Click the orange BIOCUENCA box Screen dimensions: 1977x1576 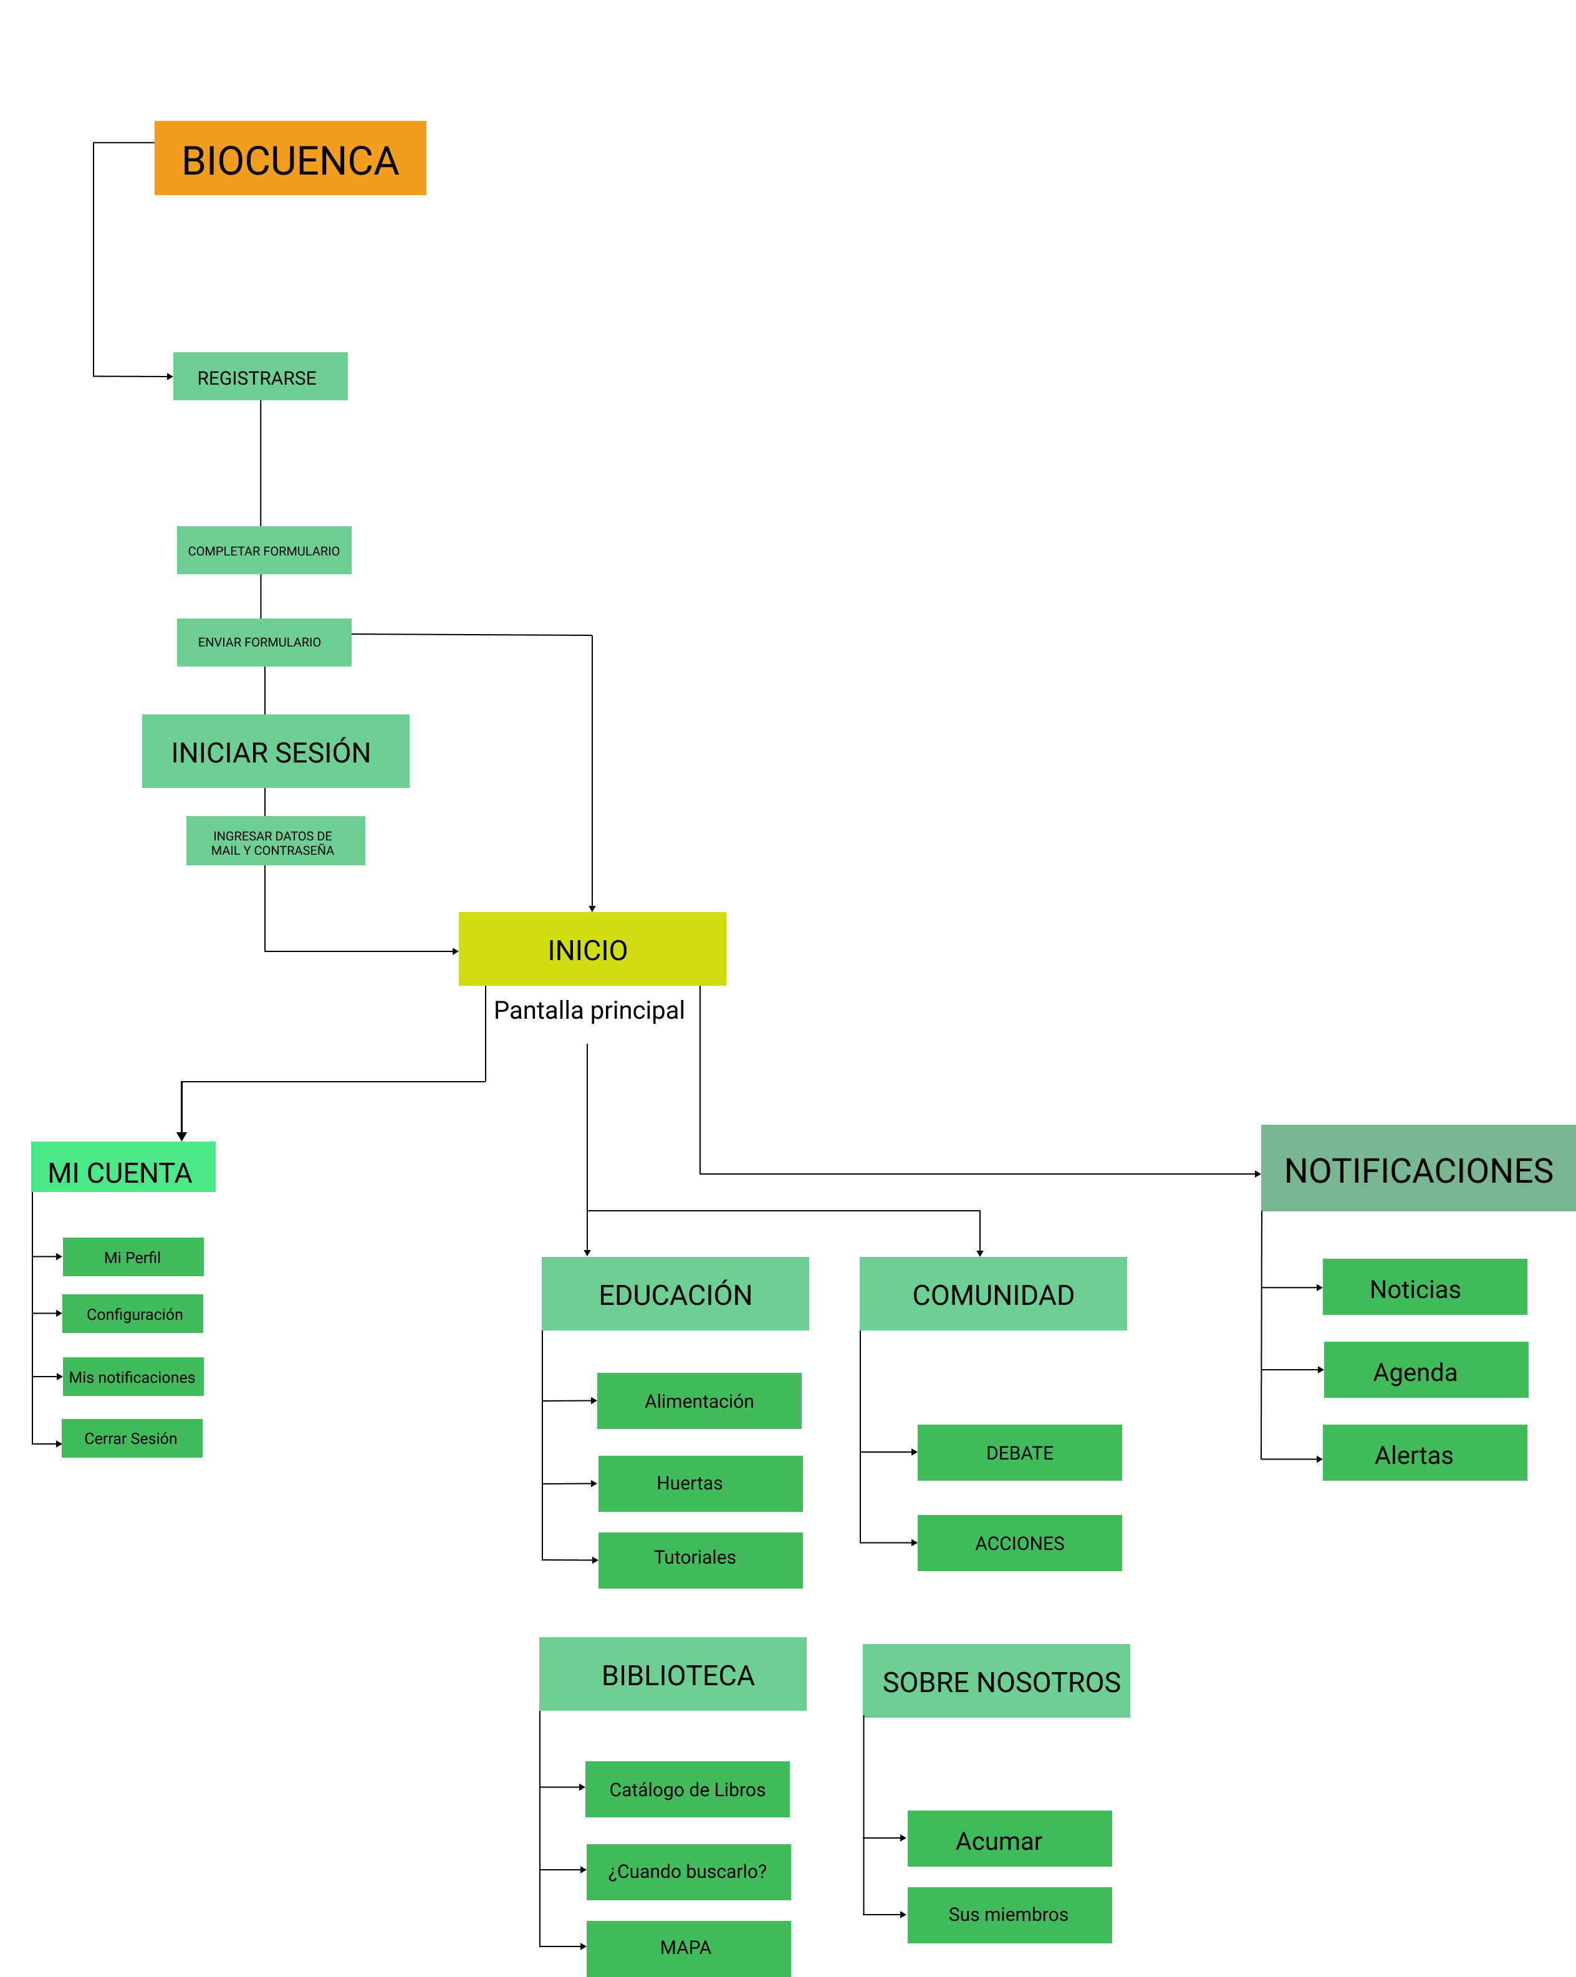(290, 158)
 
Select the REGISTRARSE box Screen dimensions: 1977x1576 (261, 376)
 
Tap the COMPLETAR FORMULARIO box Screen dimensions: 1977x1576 (264, 550)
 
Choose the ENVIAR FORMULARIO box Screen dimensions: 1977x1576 (264, 642)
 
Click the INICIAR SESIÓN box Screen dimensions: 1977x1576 (275, 751)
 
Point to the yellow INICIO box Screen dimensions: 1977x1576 (592, 949)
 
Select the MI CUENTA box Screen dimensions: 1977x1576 (123, 1167)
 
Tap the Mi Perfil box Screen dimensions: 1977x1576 (133, 1257)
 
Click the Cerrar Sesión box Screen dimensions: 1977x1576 (132, 1438)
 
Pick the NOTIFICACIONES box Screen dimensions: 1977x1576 (1418, 1168)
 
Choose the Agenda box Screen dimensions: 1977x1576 (1426, 1370)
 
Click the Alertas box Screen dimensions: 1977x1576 (1425, 1453)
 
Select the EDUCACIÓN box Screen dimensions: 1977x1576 (675, 1294)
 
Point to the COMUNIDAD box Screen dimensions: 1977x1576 (993, 1294)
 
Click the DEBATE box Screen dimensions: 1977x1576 (1019, 1453)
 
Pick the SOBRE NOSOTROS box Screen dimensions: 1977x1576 (997, 1681)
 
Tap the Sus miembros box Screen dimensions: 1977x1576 (1009, 1915)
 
